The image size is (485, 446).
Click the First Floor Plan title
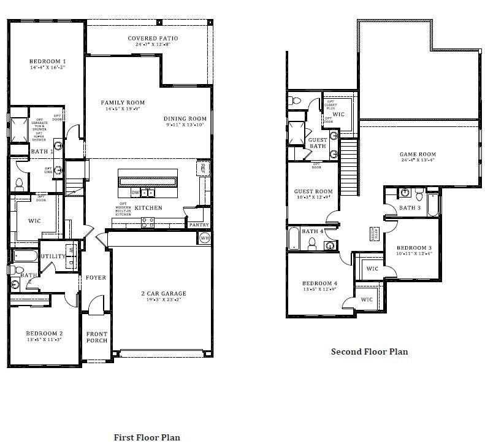[147, 437]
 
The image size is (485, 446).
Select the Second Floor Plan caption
[369, 352]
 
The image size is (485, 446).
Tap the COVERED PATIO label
[153, 39]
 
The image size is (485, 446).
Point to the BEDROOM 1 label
[47, 61]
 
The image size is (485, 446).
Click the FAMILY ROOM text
[123, 102]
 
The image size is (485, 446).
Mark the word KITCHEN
[148, 208]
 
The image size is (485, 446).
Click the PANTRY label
[199, 225]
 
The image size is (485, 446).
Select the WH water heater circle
[205, 238]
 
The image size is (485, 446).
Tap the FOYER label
[96, 277]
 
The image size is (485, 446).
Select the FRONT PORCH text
[96, 337]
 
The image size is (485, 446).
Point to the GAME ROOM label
[418, 155]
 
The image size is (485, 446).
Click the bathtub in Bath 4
[294, 239]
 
